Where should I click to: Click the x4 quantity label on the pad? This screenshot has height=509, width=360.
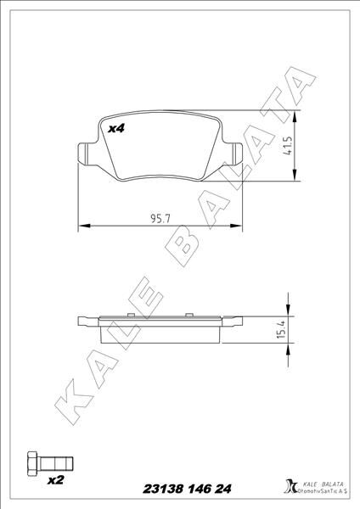[115, 128]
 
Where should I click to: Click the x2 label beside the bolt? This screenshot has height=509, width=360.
[57, 480]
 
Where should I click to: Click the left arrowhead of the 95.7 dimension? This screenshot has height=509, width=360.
[82, 226]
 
